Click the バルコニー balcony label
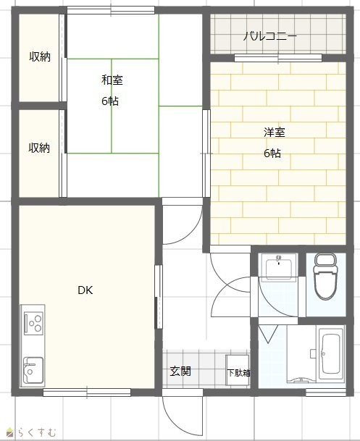coord(269,36)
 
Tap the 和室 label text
coord(112,80)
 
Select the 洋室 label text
coord(275,133)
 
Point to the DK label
coord(85,290)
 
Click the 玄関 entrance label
coord(180,371)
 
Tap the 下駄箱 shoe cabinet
coord(238,370)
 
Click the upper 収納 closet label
coord(40,56)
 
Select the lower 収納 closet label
coord(39,148)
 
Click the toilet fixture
coord(325,276)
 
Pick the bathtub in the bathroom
coord(331,353)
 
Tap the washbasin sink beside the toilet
coord(278,267)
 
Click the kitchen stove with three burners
coord(34,323)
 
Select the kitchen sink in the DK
coord(33,370)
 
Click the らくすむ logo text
coord(36,432)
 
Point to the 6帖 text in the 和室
coord(110,101)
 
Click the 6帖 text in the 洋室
coord(272,153)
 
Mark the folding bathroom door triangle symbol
coord(268,334)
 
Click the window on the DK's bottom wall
coord(87,392)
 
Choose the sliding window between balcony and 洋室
coord(278,58)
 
